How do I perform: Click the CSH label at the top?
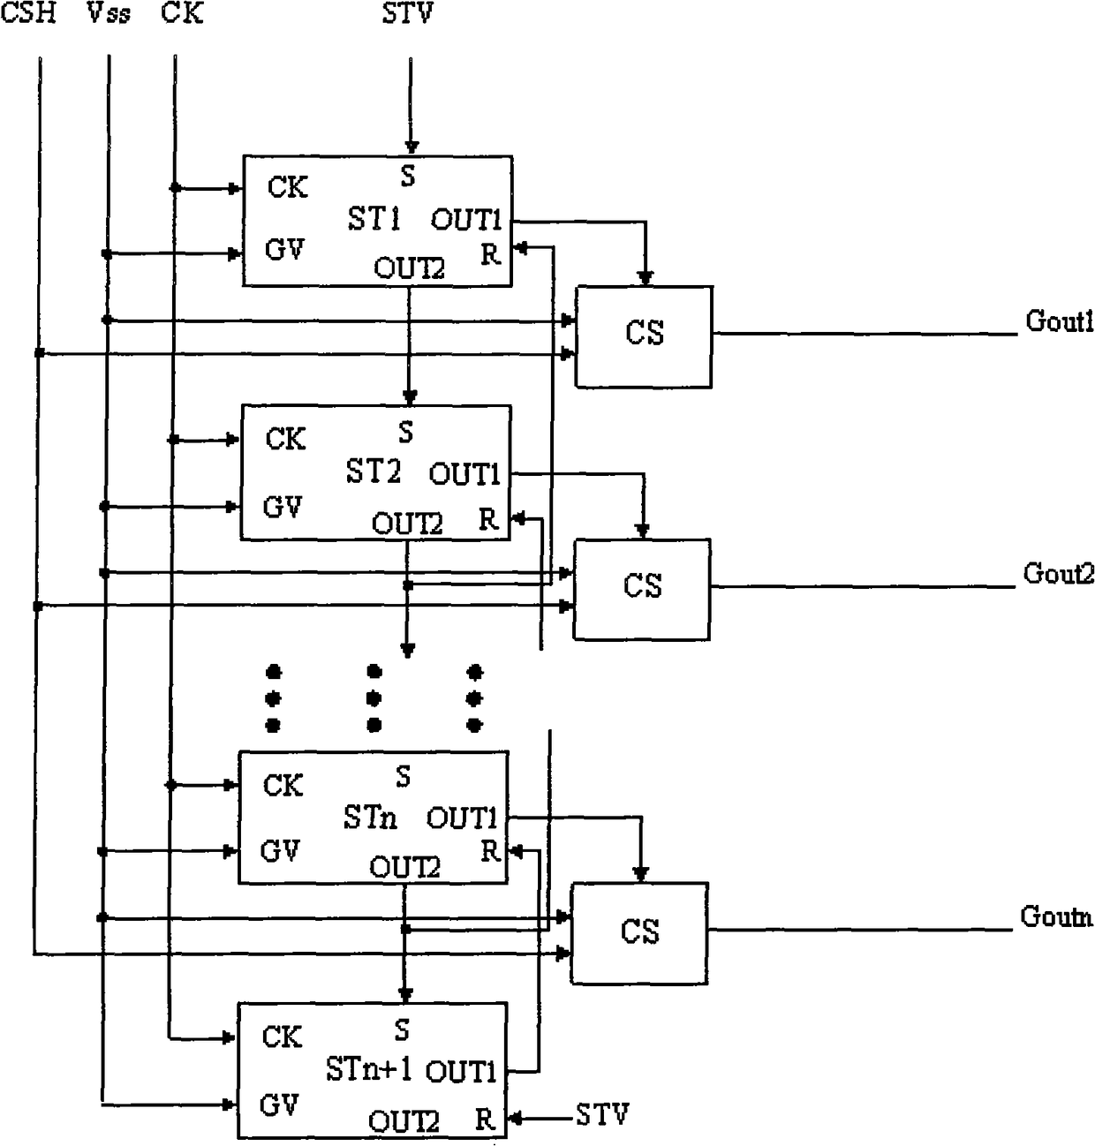coord(28,12)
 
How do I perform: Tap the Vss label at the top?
coord(109,12)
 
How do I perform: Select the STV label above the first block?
coord(407,12)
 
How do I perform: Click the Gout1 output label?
coord(1060,321)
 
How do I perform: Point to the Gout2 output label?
coord(1059,573)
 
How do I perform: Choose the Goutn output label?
coord(1056,916)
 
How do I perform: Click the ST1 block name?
coord(374,218)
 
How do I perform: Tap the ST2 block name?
coord(373,471)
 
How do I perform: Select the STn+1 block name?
coord(369,1069)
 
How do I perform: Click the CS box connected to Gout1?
coord(644,337)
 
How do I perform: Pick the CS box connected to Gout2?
coord(642,589)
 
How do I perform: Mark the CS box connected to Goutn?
coord(639,933)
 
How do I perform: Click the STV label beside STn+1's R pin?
coord(602,1115)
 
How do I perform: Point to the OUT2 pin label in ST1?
coord(409,268)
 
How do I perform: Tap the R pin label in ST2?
coord(488,519)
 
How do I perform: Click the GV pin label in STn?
coord(280,851)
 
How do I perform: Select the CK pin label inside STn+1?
coord(283,1037)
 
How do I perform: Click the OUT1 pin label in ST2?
coord(464,474)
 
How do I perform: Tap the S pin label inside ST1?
coord(408,176)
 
